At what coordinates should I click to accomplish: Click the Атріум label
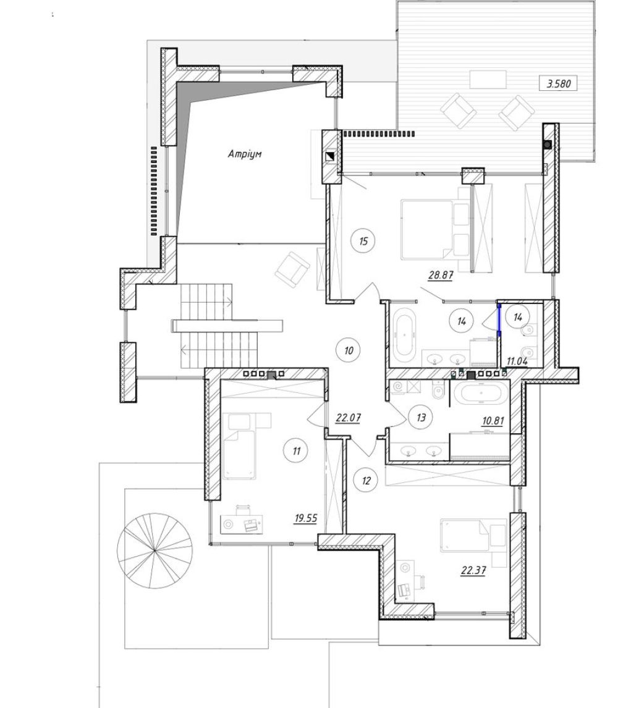[x=244, y=154]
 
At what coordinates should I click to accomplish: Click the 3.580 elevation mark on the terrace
[x=559, y=83]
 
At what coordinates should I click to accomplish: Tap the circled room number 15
[x=363, y=241]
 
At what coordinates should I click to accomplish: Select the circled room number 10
[x=349, y=350]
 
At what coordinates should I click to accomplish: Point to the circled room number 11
[x=297, y=450]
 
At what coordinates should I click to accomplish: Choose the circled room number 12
[x=366, y=481]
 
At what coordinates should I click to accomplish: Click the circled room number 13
[x=421, y=417]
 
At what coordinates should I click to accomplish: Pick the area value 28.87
[x=441, y=274]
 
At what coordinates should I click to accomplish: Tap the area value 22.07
[x=348, y=418]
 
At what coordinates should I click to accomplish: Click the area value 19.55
[x=305, y=518]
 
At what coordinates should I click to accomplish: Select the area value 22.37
[x=473, y=571]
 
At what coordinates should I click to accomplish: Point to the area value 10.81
[x=493, y=421]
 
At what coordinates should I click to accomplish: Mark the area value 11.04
[x=517, y=361]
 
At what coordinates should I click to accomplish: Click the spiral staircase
[x=154, y=551]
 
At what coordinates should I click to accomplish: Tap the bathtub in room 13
[x=481, y=394]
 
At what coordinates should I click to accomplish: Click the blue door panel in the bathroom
[x=499, y=321]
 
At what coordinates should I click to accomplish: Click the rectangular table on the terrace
[x=488, y=79]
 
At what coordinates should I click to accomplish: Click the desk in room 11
[x=242, y=524]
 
